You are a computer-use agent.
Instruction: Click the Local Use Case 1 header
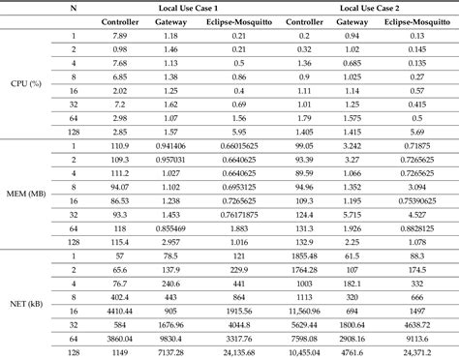(175, 7)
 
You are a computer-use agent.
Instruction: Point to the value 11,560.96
(305, 313)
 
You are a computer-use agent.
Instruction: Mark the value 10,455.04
(305, 353)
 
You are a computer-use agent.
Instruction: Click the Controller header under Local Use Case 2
(305, 22)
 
